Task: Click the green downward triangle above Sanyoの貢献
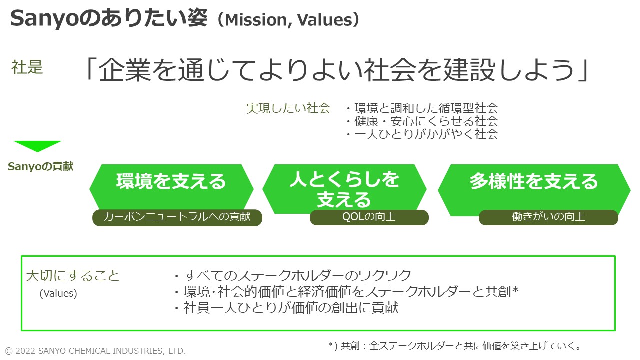click(38, 146)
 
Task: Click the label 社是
click(27, 67)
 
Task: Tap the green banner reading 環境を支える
click(171, 182)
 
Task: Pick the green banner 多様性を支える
click(534, 182)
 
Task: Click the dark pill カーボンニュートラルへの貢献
click(177, 217)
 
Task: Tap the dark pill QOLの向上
click(369, 217)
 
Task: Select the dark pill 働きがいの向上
click(548, 217)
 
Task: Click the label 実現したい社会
click(288, 108)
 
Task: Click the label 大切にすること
click(73, 276)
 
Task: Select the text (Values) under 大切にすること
click(58, 294)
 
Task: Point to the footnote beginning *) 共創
click(455, 346)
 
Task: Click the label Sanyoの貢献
click(40, 167)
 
